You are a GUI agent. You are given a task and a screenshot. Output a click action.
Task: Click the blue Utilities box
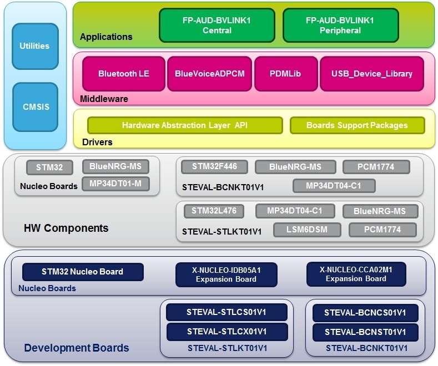click(34, 46)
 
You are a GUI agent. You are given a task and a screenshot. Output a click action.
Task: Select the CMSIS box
click(34, 106)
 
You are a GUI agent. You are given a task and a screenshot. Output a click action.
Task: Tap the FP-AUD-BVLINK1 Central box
click(217, 26)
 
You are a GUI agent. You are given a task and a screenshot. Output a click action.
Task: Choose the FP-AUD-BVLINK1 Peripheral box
click(340, 26)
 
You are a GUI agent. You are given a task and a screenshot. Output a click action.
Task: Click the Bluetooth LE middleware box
click(123, 73)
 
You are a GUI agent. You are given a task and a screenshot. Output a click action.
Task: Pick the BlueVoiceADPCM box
click(209, 73)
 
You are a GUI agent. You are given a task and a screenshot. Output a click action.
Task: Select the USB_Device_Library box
click(371, 73)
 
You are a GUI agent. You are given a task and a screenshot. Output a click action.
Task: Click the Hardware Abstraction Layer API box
click(185, 125)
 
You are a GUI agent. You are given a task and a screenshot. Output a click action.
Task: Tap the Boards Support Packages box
click(357, 125)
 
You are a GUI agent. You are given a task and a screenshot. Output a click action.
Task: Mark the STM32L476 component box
click(214, 211)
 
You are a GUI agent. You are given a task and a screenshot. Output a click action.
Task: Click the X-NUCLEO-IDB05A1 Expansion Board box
click(226, 274)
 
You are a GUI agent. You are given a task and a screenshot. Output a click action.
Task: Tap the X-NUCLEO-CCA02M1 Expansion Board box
click(356, 274)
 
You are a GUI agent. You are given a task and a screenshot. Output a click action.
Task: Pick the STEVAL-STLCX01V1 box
click(226, 332)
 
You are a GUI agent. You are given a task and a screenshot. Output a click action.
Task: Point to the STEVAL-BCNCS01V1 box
click(365, 313)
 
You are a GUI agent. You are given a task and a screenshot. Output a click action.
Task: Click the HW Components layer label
click(66, 228)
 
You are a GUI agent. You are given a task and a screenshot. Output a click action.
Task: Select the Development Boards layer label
click(76, 348)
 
